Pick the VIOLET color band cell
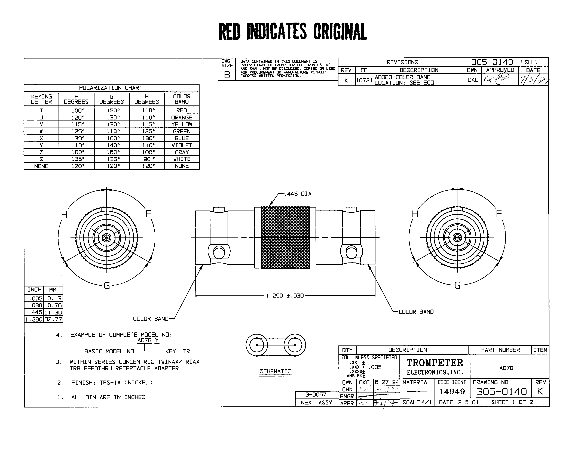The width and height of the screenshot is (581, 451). click(x=182, y=145)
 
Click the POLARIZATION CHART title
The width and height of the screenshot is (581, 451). click(x=111, y=88)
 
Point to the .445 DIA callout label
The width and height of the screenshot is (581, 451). click(x=298, y=194)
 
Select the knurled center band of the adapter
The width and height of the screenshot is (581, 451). click(x=285, y=237)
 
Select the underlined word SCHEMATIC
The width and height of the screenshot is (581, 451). click(x=275, y=371)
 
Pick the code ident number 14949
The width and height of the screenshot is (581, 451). click(x=452, y=391)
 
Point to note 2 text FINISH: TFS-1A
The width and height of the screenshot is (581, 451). click(x=112, y=383)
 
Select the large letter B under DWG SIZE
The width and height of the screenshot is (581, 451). click(x=227, y=75)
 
